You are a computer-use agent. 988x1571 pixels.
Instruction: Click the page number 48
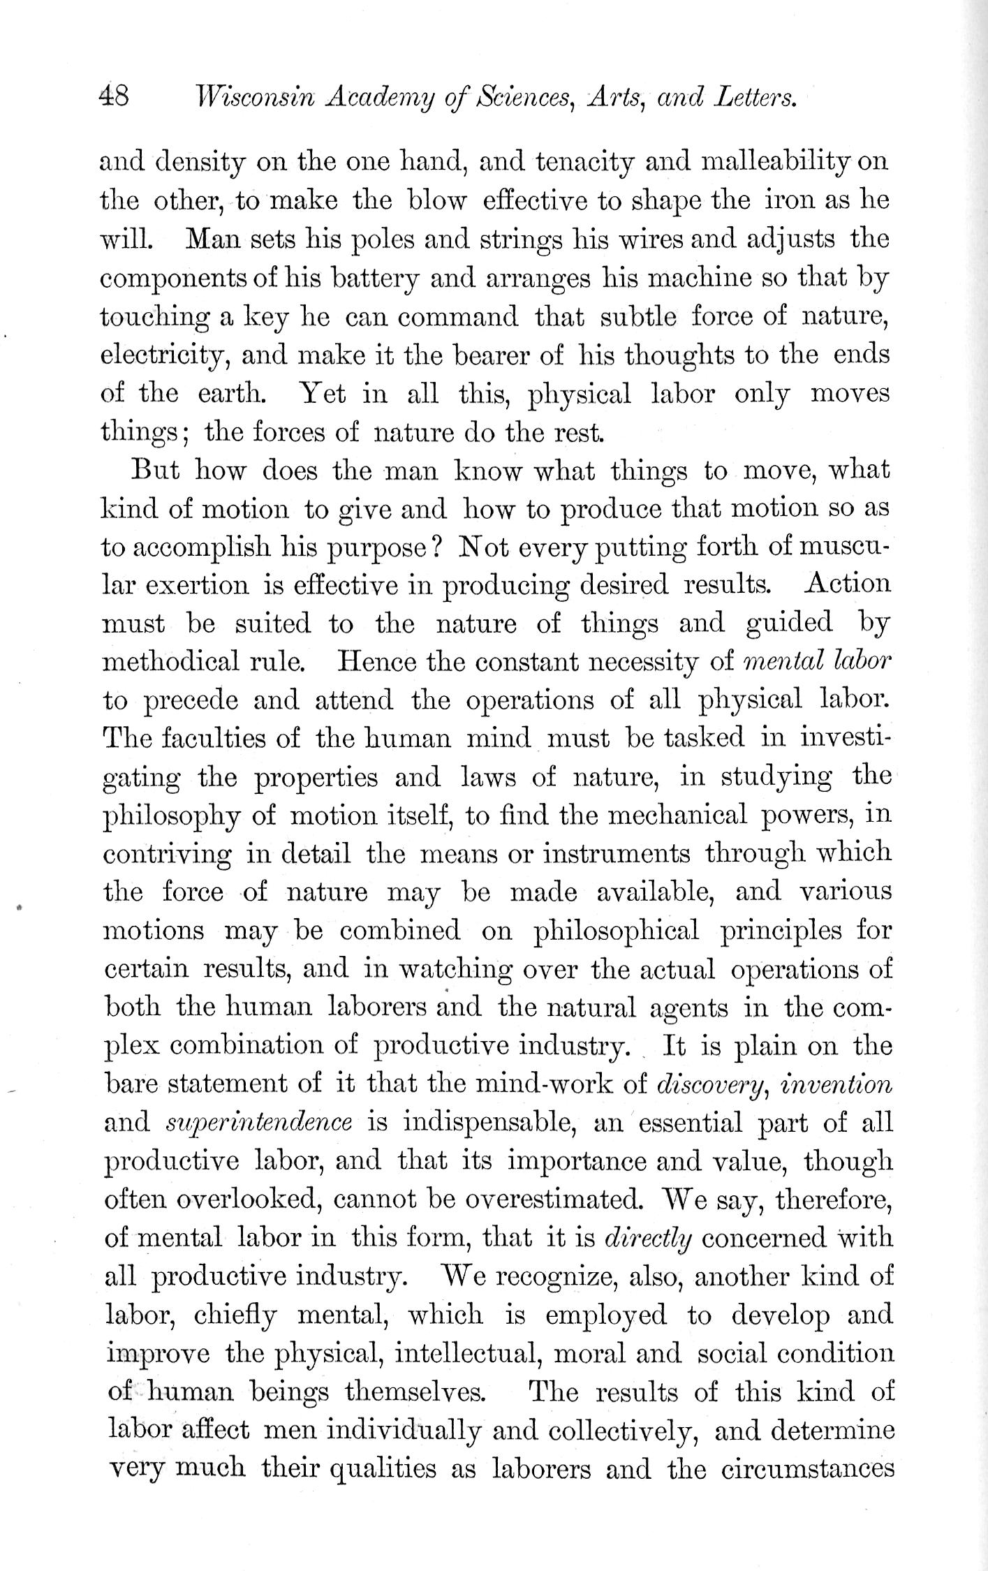pos(114,96)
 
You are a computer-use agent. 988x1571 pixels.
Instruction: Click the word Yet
pos(322,394)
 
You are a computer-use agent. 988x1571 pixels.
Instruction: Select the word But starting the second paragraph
pos(156,470)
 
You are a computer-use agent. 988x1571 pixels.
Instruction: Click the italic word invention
pos(837,1084)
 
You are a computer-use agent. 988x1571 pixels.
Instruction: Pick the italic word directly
pos(647,1238)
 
